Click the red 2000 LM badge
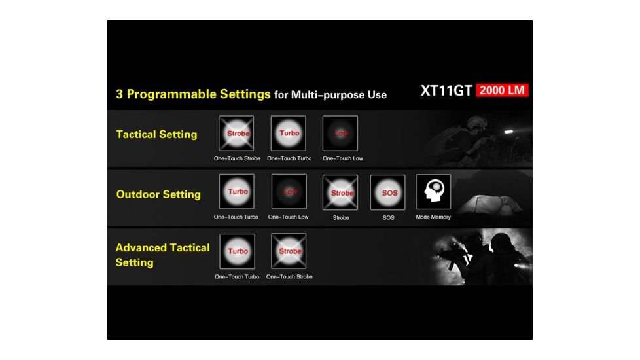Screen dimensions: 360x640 coord(502,90)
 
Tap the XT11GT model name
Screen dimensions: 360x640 coord(446,91)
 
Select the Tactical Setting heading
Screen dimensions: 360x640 coord(156,134)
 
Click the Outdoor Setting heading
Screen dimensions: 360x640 coord(158,194)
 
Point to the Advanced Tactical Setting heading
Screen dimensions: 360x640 coord(162,255)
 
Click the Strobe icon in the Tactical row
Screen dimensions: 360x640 coord(237,134)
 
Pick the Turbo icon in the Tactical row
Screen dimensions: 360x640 coord(289,134)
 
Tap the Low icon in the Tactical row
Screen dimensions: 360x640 coord(340,134)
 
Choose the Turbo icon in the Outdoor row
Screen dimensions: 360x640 coord(237,192)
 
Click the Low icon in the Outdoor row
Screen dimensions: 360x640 coord(289,192)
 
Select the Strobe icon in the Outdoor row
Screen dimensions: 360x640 coord(340,192)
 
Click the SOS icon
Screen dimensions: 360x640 coord(388,192)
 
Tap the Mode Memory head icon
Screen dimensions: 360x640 coord(433,192)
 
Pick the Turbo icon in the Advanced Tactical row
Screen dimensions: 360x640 coord(237,251)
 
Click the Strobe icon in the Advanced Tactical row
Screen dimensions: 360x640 coord(289,251)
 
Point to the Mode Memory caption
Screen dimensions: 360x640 coord(433,217)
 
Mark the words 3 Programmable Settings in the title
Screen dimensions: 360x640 coord(193,94)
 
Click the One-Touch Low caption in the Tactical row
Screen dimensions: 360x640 coord(342,158)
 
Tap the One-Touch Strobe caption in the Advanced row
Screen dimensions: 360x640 coord(289,276)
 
